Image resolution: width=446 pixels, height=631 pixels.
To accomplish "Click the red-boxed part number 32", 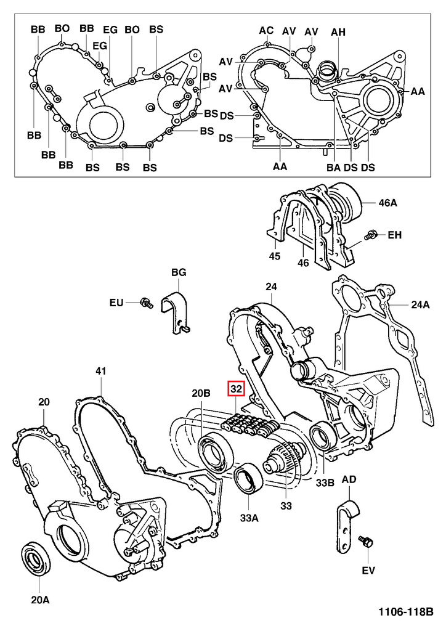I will click(x=237, y=389).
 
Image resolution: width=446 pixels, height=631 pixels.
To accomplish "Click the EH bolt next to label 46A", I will click(x=371, y=235).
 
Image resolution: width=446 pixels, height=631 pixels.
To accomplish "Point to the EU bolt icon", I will click(x=146, y=302).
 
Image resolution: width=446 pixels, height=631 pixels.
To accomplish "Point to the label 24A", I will click(x=421, y=304).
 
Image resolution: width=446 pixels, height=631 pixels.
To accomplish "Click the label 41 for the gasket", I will click(x=101, y=371).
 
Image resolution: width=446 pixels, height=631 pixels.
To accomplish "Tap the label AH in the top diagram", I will click(x=338, y=31).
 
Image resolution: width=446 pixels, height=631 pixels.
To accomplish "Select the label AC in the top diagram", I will click(x=266, y=30).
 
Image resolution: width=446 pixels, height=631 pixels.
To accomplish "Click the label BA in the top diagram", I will click(x=334, y=166).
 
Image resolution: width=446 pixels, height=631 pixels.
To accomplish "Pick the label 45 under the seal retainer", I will click(x=275, y=256).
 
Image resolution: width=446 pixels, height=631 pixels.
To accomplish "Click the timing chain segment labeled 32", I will click(x=249, y=425).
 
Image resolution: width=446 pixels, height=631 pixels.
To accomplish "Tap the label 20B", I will click(x=201, y=393).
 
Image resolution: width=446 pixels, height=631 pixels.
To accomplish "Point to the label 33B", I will click(x=325, y=483).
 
